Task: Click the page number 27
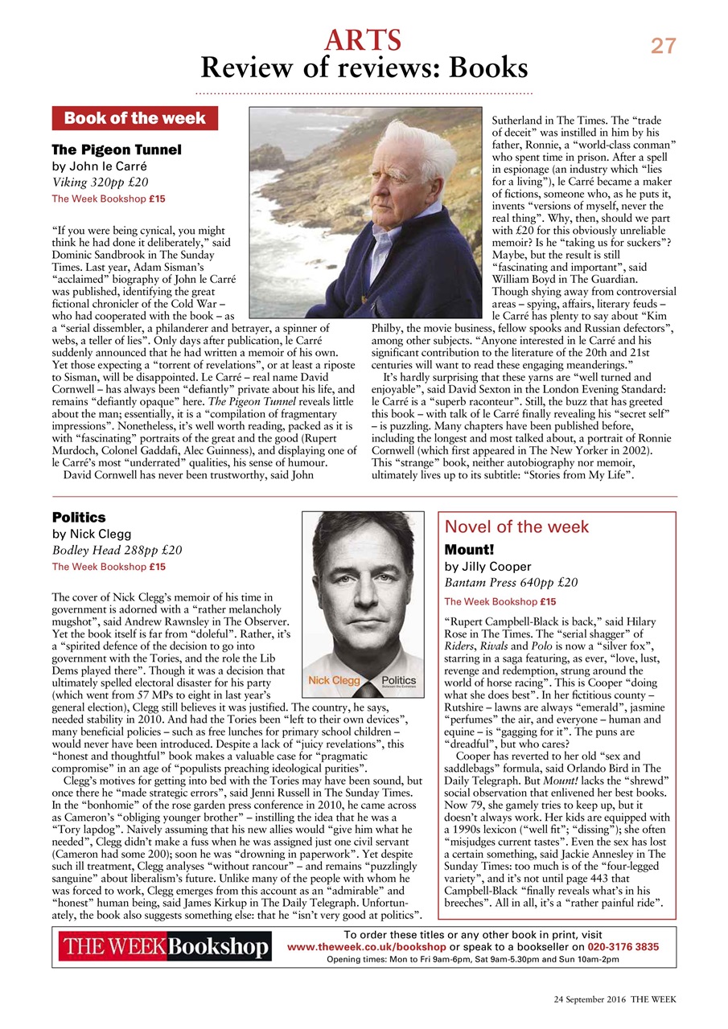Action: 664,47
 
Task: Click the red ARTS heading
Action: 363,39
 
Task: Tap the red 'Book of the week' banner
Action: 134,118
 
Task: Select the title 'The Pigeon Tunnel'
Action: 117,150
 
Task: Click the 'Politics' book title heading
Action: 79,518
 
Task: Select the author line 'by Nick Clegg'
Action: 91,534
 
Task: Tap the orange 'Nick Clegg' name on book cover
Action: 335,680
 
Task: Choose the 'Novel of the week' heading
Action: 516,527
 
